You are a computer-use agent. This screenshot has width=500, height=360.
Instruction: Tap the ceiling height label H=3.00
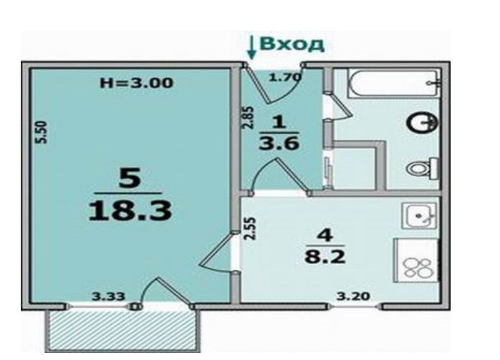click(136, 83)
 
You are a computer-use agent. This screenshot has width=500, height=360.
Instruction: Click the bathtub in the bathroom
click(384, 84)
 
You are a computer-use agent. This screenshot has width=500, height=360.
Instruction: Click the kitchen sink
click(418, 214)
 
